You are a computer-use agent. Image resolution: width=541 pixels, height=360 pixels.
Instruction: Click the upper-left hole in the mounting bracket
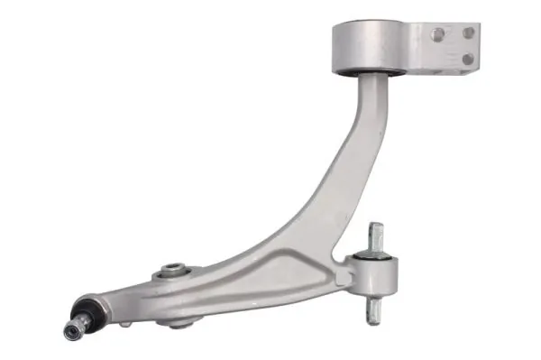[437, 34]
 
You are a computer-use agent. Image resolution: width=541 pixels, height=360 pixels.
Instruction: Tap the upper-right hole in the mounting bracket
[468, 33]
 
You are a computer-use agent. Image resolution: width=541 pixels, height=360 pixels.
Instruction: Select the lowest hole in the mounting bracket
[467, 60]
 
